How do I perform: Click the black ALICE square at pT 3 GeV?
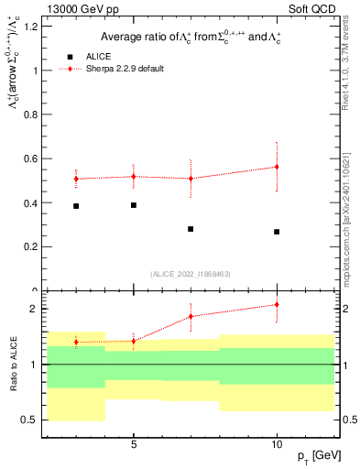tap(76, 206)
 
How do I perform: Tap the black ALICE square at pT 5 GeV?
tap(134, 205)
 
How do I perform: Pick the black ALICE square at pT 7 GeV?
tap(191, 229)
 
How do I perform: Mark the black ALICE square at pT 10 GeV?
tap(277, 232)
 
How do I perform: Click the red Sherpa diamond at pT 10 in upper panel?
tap(277, 167)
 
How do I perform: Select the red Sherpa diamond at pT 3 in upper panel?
tap(76, 179)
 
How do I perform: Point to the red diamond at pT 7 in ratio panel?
tap(191, 316)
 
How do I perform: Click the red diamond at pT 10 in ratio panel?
tap(277, 304)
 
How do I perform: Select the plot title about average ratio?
tap(191, 37)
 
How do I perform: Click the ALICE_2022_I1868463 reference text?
tap(190, 274)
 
